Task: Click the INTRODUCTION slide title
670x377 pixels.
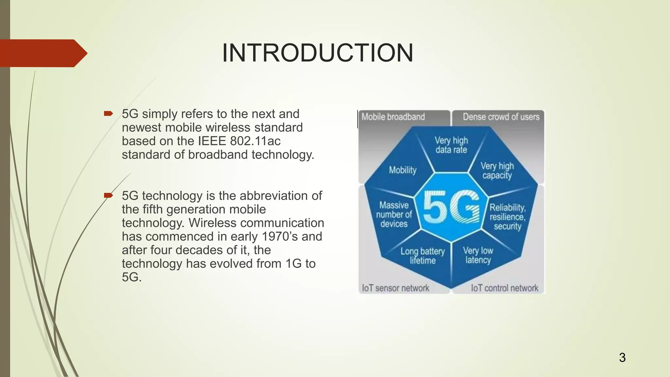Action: [x=317, y=53]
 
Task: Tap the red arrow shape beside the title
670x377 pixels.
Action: [x=43, y=53]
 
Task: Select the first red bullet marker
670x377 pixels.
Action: [x=108, y=114]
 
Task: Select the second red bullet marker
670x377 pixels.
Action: [x=108, y=196]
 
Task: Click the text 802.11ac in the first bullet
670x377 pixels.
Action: [x=255, y=141]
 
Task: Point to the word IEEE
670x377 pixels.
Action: [x=212, y=141]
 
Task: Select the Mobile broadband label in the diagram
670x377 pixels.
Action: [x=393, y=117]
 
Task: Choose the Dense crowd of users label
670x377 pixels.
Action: [x=501, y=117]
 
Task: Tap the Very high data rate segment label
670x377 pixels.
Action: [x=451, y=145]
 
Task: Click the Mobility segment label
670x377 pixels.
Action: [x=403, y=170]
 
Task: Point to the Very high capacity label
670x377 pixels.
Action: [x=497, y=171]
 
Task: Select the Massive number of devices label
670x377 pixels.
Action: [x=394, y=214]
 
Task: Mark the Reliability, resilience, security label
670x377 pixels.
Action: [x=507, y=217]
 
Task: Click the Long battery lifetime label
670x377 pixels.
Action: [x=423, y=256]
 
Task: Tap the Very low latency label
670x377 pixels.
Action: [x=478, y=255]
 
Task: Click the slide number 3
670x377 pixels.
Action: [x=622, y=357]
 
